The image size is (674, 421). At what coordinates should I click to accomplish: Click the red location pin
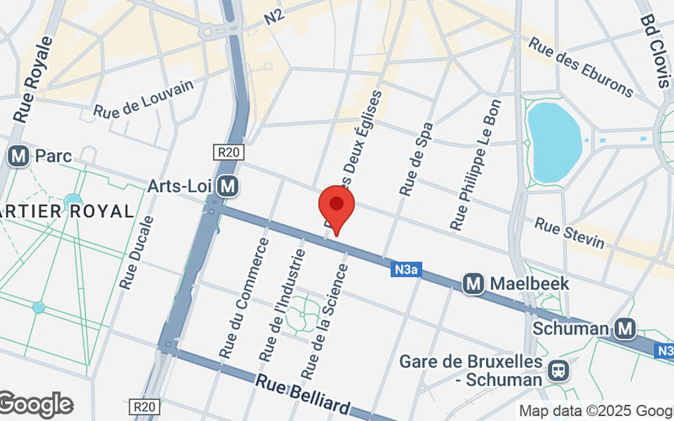pyautogui.click(x=336, y=207)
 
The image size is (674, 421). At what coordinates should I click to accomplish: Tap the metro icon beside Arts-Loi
pyautogui.click(x=226, y=185)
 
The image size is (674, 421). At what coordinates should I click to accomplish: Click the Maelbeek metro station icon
pyautogui.click(x=474, y=285)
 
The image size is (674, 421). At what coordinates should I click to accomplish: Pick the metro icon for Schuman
pyautogui.click(x=625, y=328)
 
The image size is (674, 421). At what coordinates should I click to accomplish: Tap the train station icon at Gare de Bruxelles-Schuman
pyautogui.click(x=557, y=370)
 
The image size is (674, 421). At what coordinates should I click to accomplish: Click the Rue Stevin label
pyautogui.click(x=570, y=234)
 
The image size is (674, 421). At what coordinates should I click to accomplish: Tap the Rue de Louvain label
pyautogui.click(x=144, y=99)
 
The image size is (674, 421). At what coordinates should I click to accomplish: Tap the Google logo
pyautogui.click(x=35, y=405)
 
